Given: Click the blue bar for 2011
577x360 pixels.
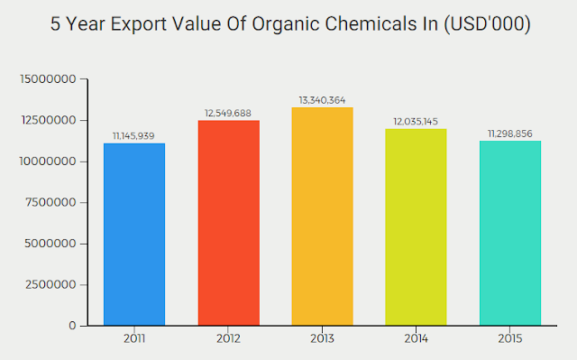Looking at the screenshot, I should (134, 234).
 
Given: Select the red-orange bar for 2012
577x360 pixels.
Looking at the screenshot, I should (228, 223).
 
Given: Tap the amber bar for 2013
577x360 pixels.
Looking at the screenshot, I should (322, 217).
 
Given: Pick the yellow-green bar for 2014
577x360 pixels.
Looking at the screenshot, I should (416, 226).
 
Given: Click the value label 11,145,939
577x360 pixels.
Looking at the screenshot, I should (134, 135).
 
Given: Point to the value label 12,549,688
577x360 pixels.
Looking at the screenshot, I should (228, 113).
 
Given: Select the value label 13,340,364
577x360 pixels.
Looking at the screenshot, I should (322, 99).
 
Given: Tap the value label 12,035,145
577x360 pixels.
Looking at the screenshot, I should (416, 121).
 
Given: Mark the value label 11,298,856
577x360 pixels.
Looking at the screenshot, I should (509, 134).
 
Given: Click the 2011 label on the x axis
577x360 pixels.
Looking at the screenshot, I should (134, 339).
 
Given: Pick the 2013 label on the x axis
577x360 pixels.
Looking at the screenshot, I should (322, 339).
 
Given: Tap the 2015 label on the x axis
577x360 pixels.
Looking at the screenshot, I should (509, 339).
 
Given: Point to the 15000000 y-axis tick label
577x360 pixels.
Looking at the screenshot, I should (48, 79).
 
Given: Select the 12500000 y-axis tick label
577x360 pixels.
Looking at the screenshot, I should (48, 120).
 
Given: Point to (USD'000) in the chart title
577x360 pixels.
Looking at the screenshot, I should (479, 24).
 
